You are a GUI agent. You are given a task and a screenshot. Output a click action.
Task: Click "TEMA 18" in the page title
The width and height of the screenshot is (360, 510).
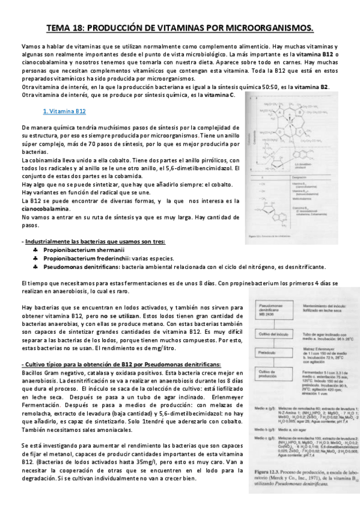[x=67, y=29]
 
